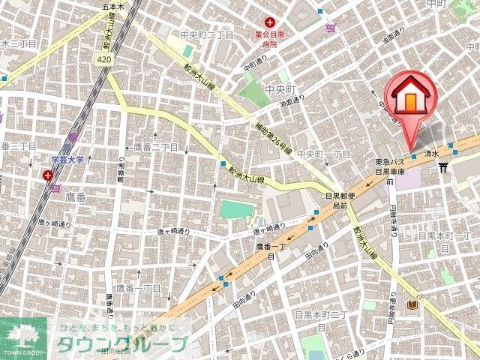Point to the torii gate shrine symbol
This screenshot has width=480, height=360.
click(444, 166)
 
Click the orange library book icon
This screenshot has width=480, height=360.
click(412, 305)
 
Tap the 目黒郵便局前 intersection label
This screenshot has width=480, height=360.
click(335, 200)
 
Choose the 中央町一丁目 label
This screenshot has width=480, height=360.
click(324, 154)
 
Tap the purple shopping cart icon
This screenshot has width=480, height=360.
click(331, 28)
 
